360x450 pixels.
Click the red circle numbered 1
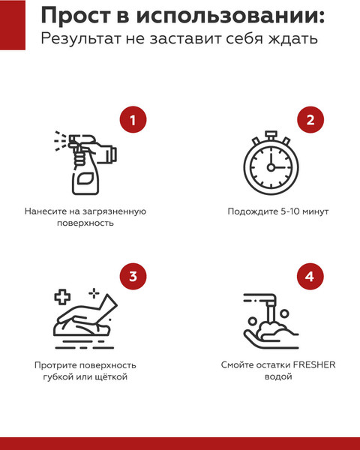click(133, 121)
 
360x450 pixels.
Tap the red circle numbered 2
click(310, 121)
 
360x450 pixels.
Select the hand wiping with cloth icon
click(83, 314)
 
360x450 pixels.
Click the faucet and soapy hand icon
click(269, 319)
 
